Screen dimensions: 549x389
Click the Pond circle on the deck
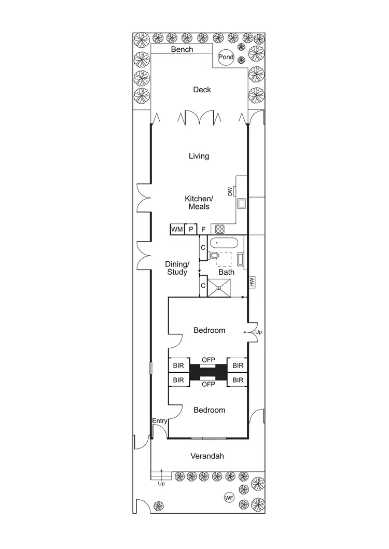tap(226, 58)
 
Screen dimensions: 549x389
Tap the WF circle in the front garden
tap(229, 498)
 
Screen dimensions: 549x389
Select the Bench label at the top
tap(182, 49)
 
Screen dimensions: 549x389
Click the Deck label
tap(202, 90)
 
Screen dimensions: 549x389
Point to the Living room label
tap(199, 156)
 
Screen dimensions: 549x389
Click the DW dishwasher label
tap(230, 191)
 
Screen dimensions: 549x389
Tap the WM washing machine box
tap(177, 229)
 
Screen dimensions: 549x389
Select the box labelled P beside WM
tap(191, 229)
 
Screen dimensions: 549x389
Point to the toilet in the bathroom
tap(214, 255)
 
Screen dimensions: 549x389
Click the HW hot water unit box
tap(252, 283)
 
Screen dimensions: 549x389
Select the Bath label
tap(226, 272)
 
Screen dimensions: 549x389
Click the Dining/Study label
tap(176, 268)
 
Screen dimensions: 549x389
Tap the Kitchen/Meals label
tap(198, 203)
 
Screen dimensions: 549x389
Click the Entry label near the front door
tap(159, 421)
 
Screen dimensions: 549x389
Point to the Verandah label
tap(207, 456)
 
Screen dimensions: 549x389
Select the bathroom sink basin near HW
tap(241, 259)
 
